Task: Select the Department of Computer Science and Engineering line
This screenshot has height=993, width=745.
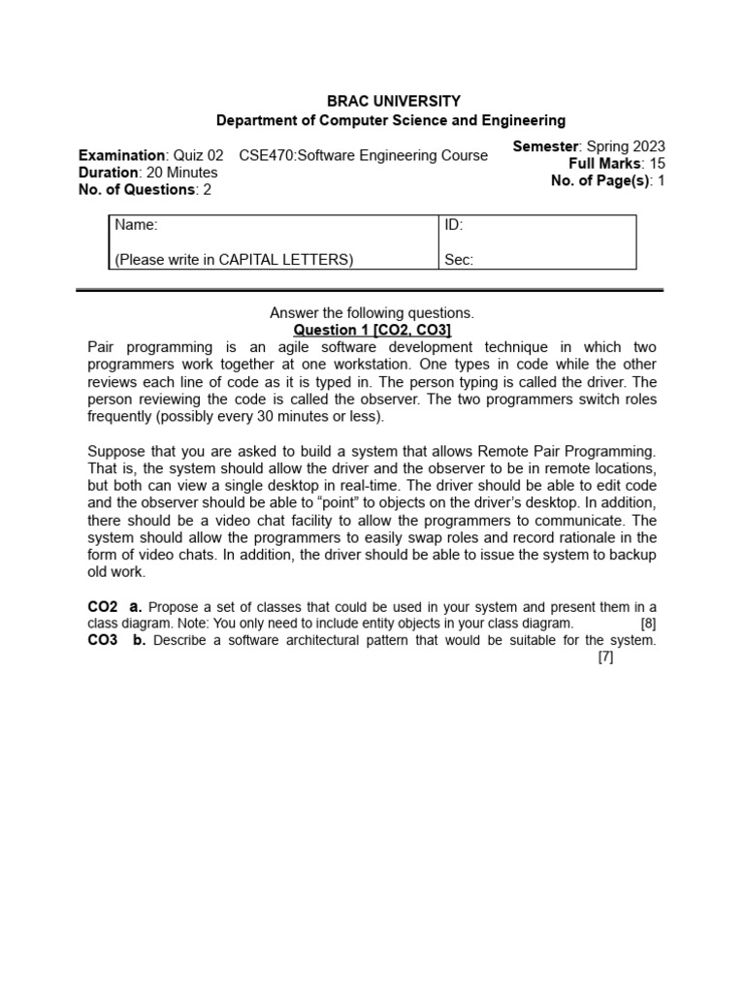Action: [390, 120]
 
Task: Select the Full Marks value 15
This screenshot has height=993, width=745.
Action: [657, 164]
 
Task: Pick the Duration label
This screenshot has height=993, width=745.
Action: [108, 173]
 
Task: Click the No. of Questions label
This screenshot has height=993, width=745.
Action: [136, 190]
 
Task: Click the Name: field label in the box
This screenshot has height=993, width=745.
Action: [136, 226]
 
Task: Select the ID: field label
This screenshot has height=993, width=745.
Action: [453, 226]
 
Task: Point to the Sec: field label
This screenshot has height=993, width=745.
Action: [458, 260]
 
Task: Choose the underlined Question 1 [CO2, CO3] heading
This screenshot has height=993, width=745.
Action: [372, 331]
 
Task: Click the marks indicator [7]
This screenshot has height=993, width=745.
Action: [606, 657]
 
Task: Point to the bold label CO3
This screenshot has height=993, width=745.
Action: [103, 640]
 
